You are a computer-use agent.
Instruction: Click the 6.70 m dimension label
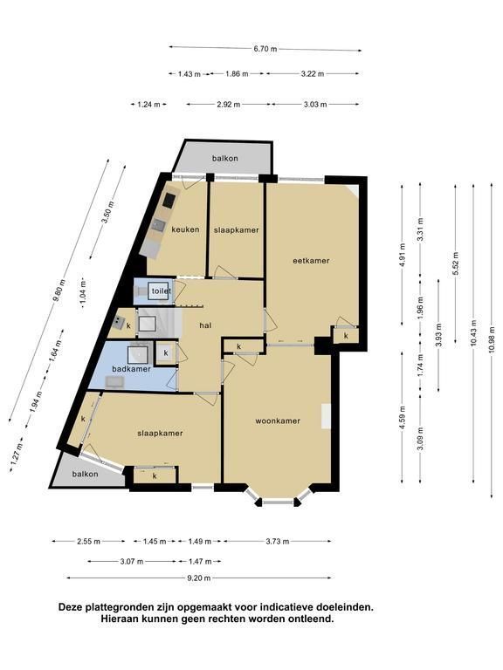pos(265,49)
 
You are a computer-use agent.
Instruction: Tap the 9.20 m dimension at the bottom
pos(199,578)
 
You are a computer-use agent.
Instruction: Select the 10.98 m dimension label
pos(492,339)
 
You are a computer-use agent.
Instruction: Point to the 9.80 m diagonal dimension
pos(59,291)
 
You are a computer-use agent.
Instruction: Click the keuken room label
pos(185,229)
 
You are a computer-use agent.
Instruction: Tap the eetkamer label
pos(311,261)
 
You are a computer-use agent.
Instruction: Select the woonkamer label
pos(278,420)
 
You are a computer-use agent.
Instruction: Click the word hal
pos(206,325)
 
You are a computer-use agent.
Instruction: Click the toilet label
pos(162,291)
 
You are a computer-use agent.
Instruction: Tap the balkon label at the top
pos(225,158)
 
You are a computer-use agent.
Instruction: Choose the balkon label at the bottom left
pos(85,474)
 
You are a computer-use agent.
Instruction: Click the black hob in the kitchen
pos(169,200)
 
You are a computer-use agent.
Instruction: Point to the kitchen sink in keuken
pos(159,225)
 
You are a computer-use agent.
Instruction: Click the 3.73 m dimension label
pos(277,542)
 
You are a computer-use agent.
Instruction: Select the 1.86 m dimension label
pos(237,74)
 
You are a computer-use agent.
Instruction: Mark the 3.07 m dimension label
pos(131,562)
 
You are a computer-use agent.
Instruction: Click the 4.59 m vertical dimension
pos(402,419)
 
